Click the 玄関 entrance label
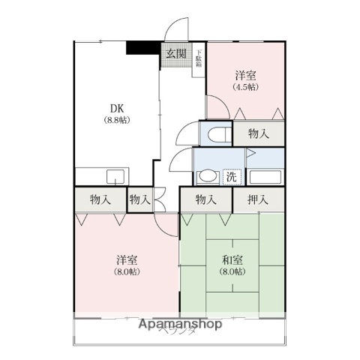[176, 53]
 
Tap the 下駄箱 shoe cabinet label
[199, 58]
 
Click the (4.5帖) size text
[245, 87]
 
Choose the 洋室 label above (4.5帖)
[245, 75]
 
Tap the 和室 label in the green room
[232, 259]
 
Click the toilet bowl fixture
[216, 134]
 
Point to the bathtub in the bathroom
[266, 178]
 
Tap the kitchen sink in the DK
[115, 177]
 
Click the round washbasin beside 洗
[206, 178]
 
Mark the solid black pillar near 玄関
[142, 47]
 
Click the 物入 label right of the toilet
[259, 134]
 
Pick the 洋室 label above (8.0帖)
[126, 259]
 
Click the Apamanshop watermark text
[179, 325]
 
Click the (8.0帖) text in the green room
[232, 271]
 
